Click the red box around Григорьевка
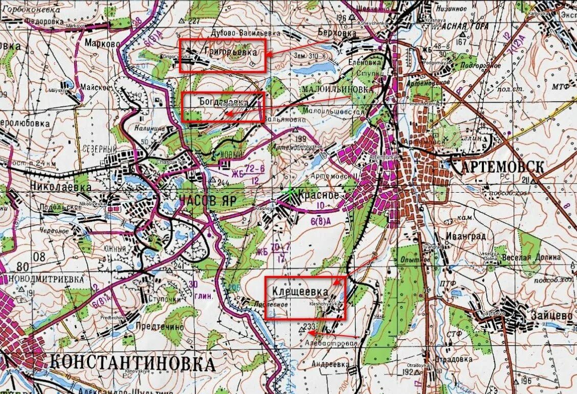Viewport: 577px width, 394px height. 223,55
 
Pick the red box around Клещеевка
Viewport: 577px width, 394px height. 305,297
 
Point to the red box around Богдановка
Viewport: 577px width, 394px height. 223,107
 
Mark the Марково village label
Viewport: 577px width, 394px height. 102,42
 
